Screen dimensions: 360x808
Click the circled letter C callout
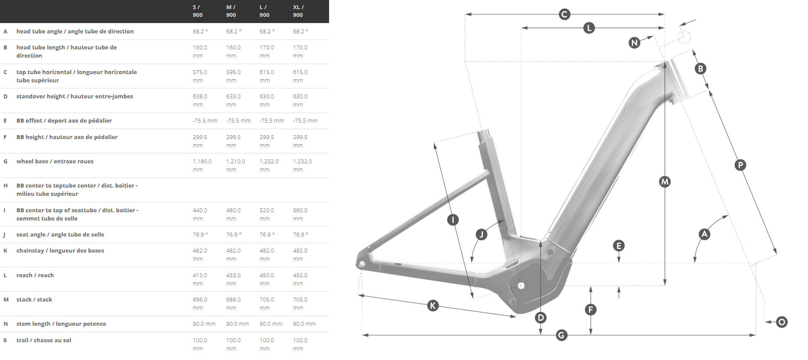coord(564,14)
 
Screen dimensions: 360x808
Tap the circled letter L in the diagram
coord(588,28)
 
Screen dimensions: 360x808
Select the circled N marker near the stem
coord(634,42)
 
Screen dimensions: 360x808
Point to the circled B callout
coord(700,68)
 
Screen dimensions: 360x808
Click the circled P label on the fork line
coord(740,165)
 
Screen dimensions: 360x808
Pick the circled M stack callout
coord(665,182)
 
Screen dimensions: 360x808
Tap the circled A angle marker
coord(705,234)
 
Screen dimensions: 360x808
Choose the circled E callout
coord(619,246)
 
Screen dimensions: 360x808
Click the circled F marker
coord(591,309)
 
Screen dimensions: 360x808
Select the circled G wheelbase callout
coord(561,335)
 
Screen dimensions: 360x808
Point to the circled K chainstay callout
coord(433,305)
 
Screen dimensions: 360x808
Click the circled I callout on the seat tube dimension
coord(452,220)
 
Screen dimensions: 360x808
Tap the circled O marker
coord(782,322)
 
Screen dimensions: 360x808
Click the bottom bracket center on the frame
coord(521,285)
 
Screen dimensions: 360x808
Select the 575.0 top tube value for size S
coord(200,72)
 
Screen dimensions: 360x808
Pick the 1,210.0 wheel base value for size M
coord(236,162)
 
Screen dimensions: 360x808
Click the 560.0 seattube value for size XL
coord(300,211)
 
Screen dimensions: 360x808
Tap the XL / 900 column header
coord(298,11)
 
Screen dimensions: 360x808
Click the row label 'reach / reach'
coord(35,276)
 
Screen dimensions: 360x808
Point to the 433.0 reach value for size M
coord(233,276)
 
